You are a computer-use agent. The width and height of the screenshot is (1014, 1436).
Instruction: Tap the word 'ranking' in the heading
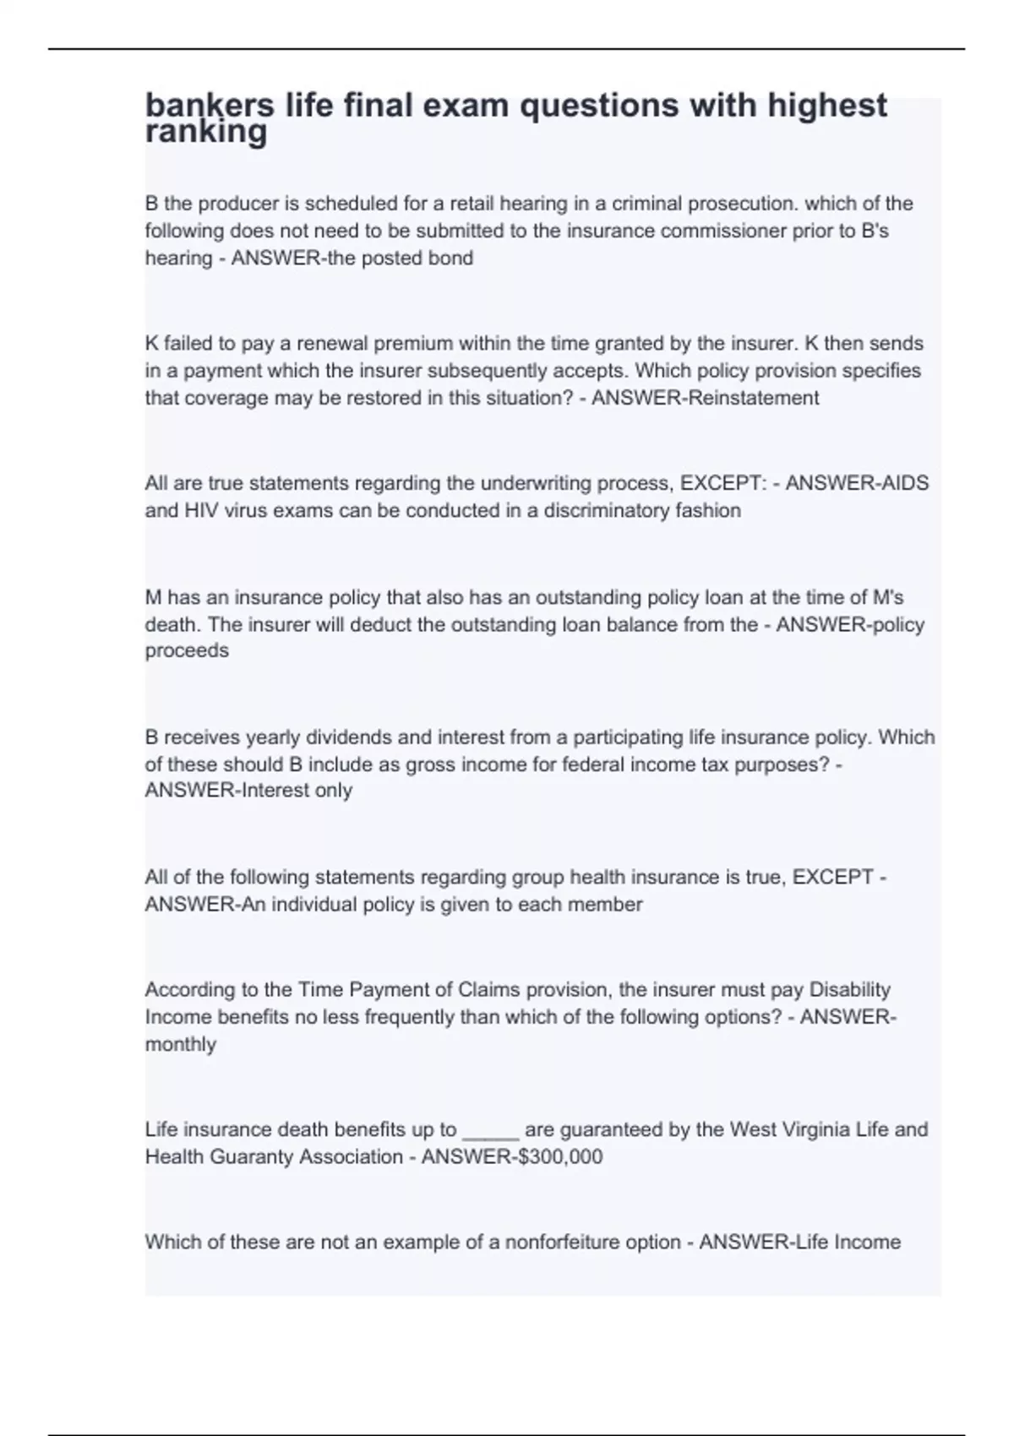pyautogui.click(x=206, y=132)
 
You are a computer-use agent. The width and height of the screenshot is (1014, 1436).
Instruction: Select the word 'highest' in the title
pyautogui.click(x=827, y=106)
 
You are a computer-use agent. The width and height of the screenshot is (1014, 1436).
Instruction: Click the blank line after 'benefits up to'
pyautogui.click(x=490, y=1130)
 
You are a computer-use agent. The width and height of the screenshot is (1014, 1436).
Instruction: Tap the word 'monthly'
pyautogui.click(x=181, y=1044)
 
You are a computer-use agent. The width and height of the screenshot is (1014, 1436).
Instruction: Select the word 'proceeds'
pyautogui.click(x=187, y=650)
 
